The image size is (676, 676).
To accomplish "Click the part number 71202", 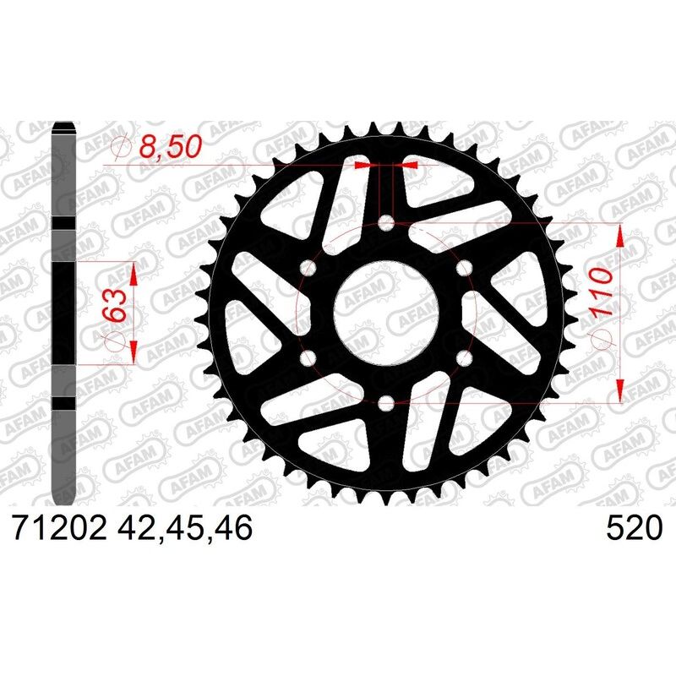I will (x=57, y=529).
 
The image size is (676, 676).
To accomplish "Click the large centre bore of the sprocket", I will (x=386, y=313).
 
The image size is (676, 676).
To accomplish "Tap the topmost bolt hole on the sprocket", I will (x=386, y=223).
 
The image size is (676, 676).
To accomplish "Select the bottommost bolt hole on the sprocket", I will (x=386, y=404).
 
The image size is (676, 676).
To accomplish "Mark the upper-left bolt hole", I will (x=308, y=269).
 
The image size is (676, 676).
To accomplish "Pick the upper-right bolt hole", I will (x=464, y=269).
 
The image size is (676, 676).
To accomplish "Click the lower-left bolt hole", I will (x=308, y=359).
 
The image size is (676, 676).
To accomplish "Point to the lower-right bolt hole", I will (x=464, y=359).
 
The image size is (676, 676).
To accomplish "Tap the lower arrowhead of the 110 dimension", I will (x=621, y=390).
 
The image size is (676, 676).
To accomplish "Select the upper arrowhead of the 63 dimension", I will (x=132, y=272).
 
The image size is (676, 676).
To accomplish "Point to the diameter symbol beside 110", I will (x=600, y=338).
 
